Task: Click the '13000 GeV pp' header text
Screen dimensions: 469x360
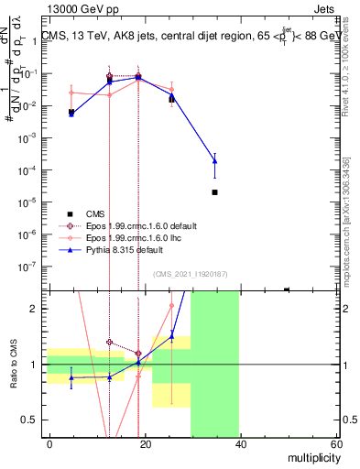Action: tap(80, 8)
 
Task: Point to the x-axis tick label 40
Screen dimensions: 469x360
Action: tap(239, 444)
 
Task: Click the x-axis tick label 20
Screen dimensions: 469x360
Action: tap(144, 444)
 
